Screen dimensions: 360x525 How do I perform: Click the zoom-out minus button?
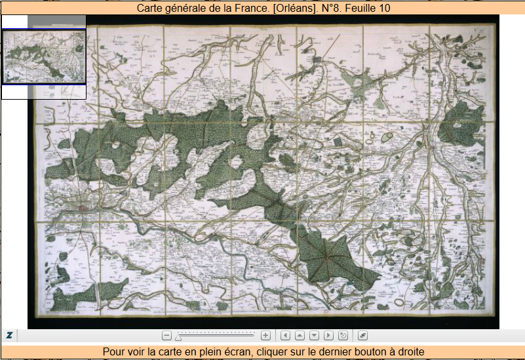click(166, 336)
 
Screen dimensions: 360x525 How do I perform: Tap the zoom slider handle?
click(178, 336)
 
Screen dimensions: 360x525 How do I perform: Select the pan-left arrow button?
click(285, 336)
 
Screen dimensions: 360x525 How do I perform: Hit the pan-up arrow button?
click(300, 336)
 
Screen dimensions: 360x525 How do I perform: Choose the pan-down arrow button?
click(314, 336)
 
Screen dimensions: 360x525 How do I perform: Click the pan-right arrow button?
click(328, 336)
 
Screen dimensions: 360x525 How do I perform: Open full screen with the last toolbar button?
click(362, 336)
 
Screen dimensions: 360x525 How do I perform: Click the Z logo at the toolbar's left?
click(10, 335)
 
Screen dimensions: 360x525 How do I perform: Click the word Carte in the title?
click(151, 9)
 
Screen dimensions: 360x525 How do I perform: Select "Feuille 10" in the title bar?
click(370, 9)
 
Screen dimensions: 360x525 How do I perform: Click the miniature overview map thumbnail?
click(45, 56)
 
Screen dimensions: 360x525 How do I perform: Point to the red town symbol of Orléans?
click(83, 209)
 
